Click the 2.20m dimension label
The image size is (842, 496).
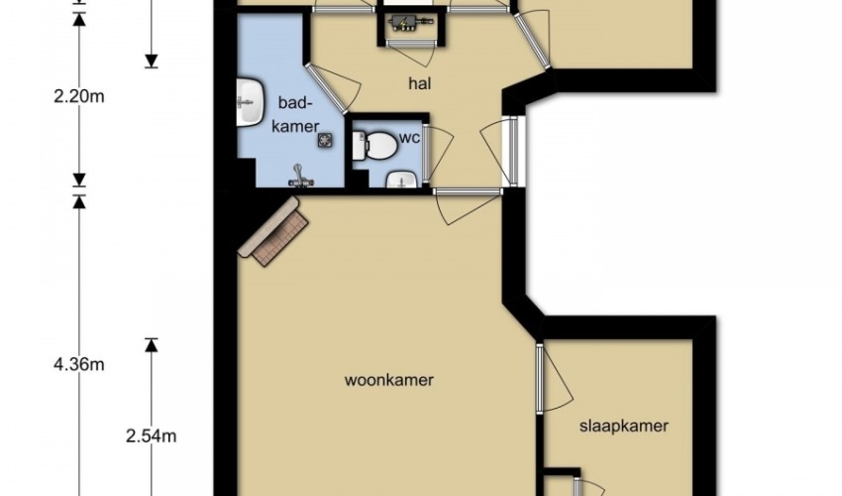pos(79,97)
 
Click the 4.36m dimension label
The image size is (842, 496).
pos(79,365)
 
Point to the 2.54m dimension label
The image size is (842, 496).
pos(152,435)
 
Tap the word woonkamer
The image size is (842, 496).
pos(388,380)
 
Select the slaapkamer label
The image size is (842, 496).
pos(624,427)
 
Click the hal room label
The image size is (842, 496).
pos(420,84)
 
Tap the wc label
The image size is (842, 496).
pos(409,138)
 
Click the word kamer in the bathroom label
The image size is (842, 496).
pos(296,126)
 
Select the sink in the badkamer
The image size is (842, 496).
pos(251,101)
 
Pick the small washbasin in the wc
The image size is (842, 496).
pos(401,181)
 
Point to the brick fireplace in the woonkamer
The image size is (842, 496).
pos(273,231)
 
